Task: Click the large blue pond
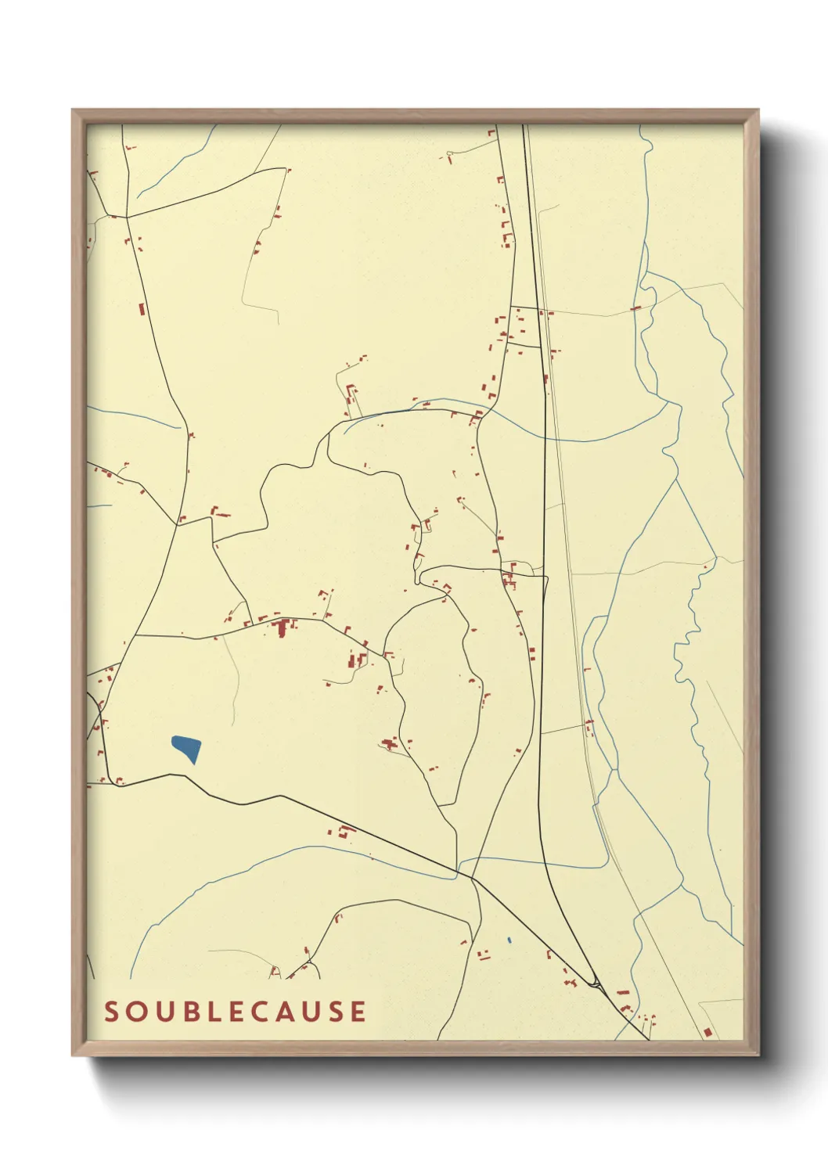point(187,748)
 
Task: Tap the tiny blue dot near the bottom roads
point(509,940)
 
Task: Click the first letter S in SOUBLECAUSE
point(112,1012)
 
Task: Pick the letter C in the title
point(257,1012)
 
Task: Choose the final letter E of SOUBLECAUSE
point(358,1012)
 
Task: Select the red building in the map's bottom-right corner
point(707,1033)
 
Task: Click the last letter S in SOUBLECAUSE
point(334,1012)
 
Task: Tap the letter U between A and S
point(310,1012)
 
